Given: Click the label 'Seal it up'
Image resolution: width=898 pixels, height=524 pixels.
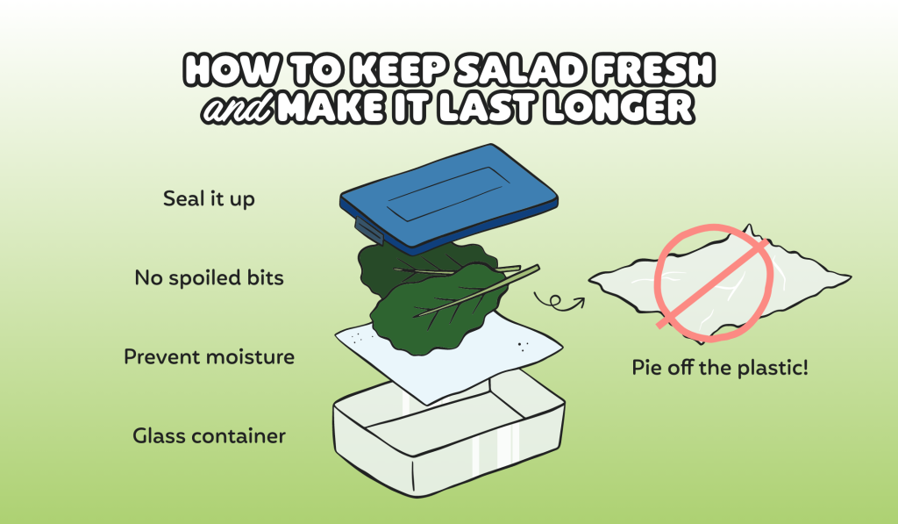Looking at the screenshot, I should (x=209, y=199).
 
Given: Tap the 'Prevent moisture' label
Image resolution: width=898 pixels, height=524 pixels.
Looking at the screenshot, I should (x=209, y=357).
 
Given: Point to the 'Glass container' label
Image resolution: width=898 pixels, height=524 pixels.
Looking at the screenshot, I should (x=209, y=435).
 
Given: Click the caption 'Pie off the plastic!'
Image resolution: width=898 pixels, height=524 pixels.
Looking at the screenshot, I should (x=720, y=367).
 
